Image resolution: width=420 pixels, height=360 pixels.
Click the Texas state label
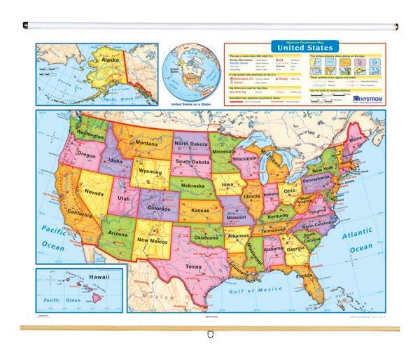[192, 266]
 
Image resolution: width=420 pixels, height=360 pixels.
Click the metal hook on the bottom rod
[209, 335]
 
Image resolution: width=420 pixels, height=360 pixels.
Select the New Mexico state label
[153, 240]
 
